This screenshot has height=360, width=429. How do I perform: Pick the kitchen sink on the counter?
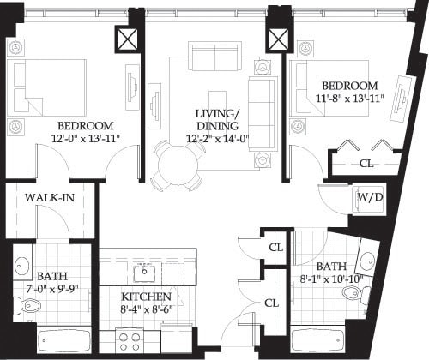[144, 273]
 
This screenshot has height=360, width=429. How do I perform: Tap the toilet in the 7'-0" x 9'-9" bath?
[19, 305]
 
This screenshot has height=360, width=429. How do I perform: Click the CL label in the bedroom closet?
[366, 163]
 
